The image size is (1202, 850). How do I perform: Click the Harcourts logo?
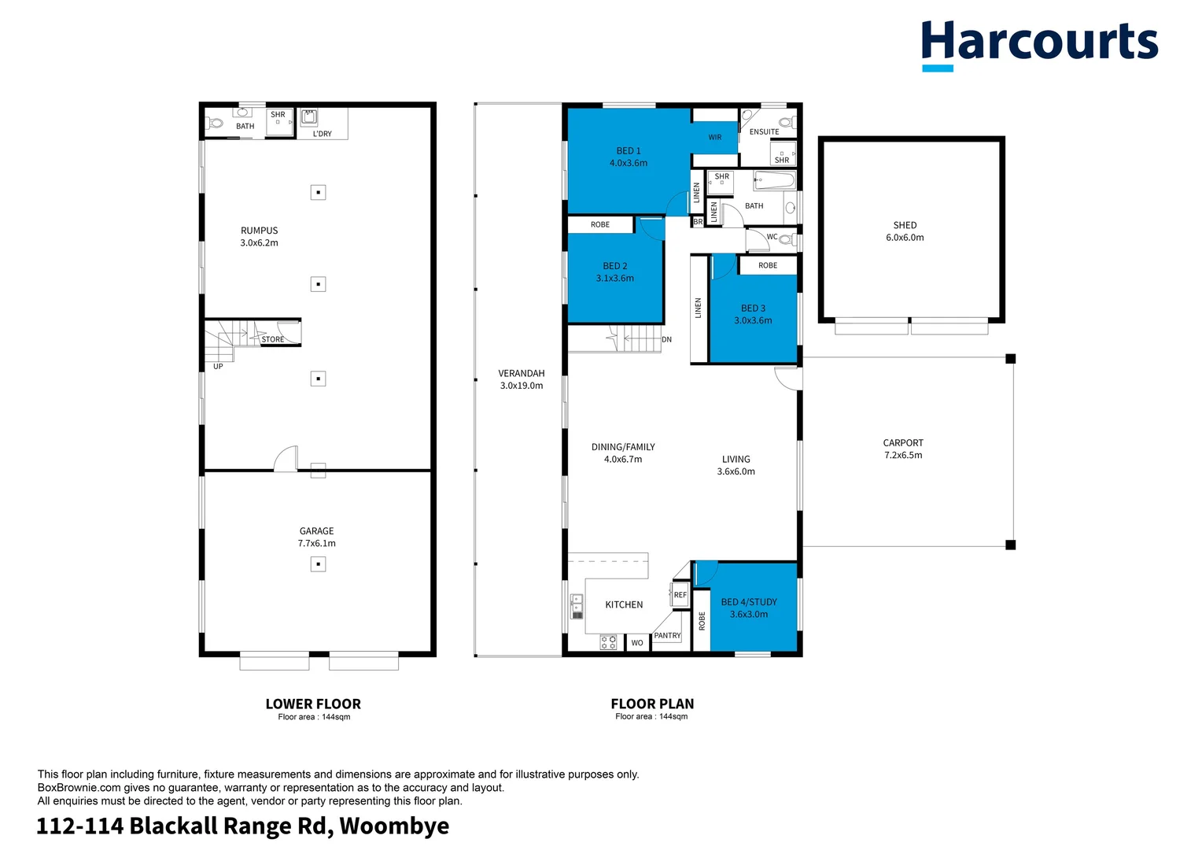pos(1039,44)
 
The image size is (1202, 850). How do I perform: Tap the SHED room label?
pos(905,225)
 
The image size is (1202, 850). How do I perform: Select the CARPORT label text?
pos(903,443)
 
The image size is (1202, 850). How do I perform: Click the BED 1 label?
pos(628,151)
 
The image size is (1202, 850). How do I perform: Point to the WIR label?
pos(714,138)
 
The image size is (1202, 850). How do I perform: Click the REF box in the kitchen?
pos(680,595)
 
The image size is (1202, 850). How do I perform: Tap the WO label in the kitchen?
pos(636,643)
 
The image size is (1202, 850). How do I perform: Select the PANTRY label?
pos(667,635)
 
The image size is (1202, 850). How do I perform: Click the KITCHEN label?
pos(624,604)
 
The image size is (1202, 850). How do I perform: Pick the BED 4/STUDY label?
pos(749,602)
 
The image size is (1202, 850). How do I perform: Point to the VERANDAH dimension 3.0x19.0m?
pos(522,386)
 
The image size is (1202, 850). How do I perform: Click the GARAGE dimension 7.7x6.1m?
pos(316,543)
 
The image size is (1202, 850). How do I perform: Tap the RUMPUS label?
pos(259,231)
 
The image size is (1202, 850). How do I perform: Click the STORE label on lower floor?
pos(273,339)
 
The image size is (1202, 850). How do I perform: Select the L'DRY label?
pos(322,134)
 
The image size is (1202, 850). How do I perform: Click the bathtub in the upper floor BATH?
pos(774,181)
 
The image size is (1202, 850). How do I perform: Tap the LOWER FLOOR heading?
pos(313,704)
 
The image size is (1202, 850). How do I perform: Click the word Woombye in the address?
pos(394,826)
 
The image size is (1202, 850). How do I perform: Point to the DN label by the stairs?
pos(667,340)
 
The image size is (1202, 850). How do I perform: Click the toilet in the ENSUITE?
pos(784,122)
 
